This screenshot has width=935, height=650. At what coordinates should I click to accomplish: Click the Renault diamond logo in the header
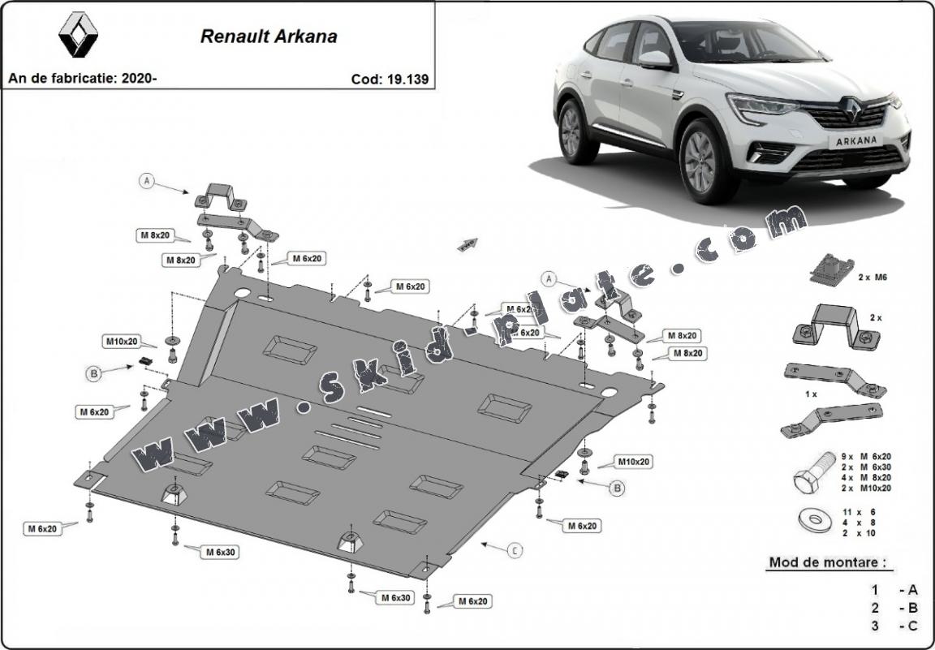79,35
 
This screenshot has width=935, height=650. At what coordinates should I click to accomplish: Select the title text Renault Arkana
269,37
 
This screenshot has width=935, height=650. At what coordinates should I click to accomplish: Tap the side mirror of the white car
655,59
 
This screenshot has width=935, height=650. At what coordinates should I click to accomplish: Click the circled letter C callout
515,551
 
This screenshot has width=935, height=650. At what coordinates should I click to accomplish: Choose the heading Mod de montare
825,562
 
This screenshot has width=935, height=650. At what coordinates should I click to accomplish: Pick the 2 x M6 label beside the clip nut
873,277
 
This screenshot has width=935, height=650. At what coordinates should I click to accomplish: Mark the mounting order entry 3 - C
893,626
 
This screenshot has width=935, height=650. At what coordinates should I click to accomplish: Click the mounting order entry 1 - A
893,590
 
